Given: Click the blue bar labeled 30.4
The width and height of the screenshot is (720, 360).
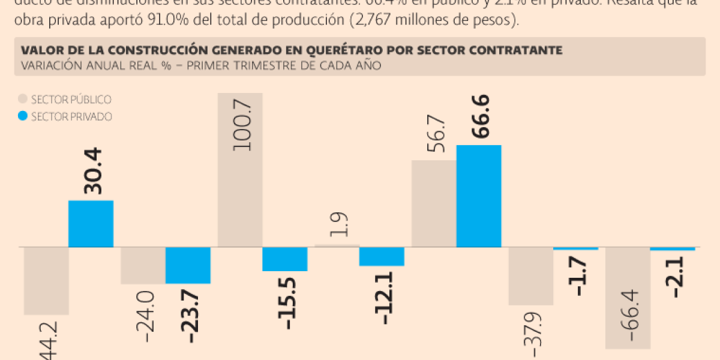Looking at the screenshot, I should (x=91, y=223).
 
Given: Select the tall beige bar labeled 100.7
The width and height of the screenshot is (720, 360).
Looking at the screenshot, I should (x=240, y=170).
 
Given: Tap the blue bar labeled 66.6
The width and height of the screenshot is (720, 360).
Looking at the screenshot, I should (x=479, y=196).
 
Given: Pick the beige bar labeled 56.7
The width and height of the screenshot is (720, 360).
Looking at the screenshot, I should (x=434, y=203).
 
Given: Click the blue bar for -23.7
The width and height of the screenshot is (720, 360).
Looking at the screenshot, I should (x=188, y=265).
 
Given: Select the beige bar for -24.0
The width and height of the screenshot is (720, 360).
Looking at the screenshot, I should (x=143, y=265).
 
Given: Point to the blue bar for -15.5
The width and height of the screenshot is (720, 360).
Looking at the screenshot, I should (x=285, y=259).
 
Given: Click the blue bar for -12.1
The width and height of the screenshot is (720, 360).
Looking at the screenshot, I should (x=382, y=256).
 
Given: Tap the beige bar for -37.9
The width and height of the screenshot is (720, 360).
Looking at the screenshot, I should (x=530, y=276).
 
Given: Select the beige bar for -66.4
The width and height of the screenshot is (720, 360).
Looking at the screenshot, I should (x=628, y=298).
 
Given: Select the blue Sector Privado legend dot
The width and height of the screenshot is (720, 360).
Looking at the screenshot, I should (x=23, y=116).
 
